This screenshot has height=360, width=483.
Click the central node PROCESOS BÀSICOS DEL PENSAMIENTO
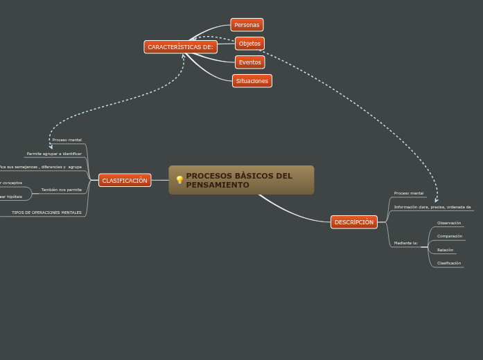pos(241,180)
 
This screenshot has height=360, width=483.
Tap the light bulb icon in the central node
pos(179,180)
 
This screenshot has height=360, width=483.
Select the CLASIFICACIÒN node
pos(125,181)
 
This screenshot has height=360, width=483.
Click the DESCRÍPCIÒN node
pos(353,222)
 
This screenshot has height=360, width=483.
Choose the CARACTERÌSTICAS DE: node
pos(180,47)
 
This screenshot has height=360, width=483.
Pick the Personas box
pos(247,25)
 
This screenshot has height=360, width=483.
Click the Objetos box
pos(249,44)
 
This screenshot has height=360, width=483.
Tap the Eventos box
pos(249,62)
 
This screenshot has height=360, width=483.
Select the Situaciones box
pos(252,81)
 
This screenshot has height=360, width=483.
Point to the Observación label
pos(449,223)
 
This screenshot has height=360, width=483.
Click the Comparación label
pos(450,236)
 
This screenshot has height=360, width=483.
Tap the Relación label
pos(445,250)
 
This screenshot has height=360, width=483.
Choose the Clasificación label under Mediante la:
pos(449,263)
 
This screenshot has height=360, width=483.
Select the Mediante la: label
pos(406,243)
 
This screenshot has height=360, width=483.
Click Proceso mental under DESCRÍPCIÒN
pos(409,193)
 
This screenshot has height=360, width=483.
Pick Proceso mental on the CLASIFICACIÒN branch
pos(67,140)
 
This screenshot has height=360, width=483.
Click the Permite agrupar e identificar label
pos(54,154)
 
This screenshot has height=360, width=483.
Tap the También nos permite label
pos(61,190)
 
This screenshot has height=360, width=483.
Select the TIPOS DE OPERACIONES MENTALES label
pos(46,213)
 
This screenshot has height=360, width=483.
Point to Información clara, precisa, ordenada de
pos(432,207)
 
